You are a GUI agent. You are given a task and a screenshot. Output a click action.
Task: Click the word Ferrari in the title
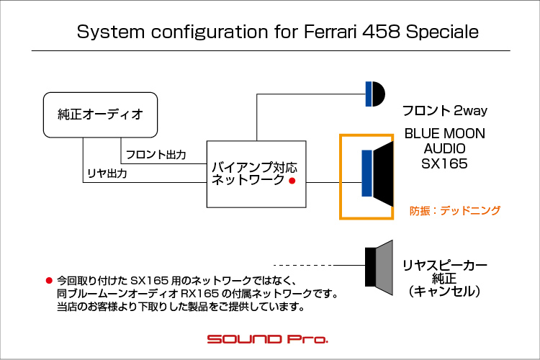330,32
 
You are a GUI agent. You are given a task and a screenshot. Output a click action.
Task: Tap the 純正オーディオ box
100,114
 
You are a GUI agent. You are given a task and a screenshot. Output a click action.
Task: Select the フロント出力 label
156,154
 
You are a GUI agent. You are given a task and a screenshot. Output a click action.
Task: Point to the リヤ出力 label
107,174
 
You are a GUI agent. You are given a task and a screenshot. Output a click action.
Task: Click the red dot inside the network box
292,181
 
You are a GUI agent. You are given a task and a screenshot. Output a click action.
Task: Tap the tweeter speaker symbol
374,94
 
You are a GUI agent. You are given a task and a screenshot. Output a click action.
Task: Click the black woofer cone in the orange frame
383,174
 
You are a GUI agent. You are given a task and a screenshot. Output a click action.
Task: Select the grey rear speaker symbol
379,267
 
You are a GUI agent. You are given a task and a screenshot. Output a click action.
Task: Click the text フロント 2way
445,111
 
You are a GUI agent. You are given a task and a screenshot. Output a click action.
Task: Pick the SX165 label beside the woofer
444,163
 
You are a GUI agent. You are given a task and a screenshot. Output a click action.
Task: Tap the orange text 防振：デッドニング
454,210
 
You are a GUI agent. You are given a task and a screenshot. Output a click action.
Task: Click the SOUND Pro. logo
268,339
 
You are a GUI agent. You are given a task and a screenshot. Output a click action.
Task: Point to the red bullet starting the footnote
49,280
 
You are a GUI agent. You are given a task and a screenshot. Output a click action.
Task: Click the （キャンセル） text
444,292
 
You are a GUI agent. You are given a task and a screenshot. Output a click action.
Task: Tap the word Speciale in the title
442,32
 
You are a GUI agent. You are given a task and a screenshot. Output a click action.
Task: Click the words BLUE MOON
445,134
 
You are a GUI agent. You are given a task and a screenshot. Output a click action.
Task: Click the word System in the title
111,32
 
